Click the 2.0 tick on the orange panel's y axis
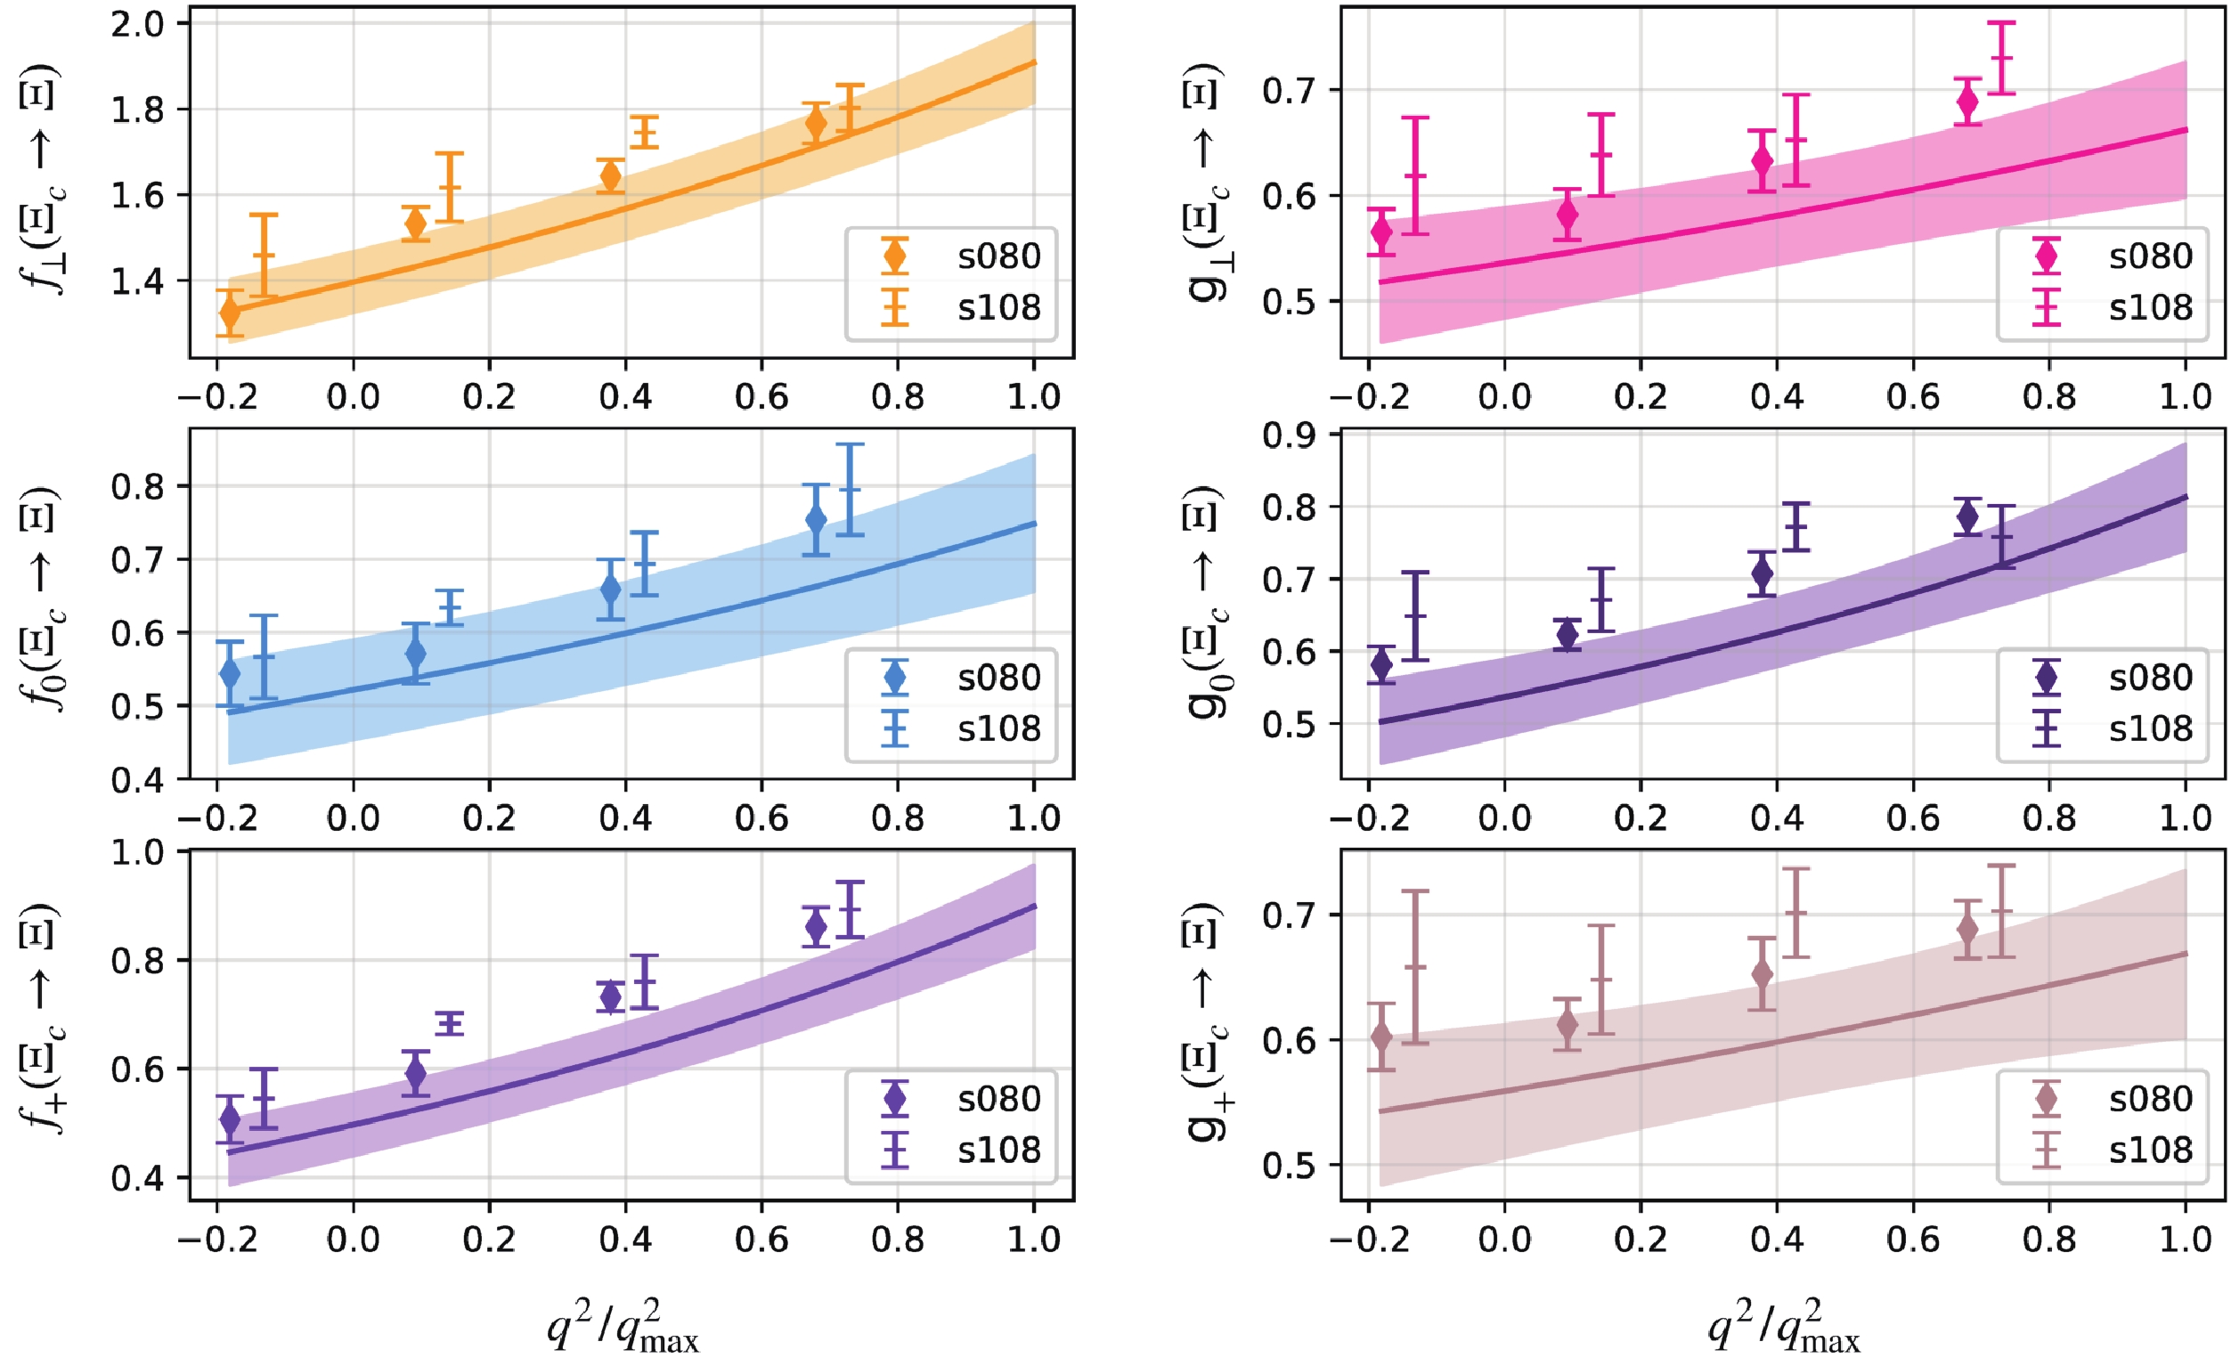tap(138, 23)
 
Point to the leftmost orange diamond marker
tap(230, 313)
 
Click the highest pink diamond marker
tap(1967, 102)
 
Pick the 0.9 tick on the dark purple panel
tap(1290, 435)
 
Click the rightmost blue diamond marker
tap(816, 520)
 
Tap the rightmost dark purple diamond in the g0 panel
tap(1967, 517)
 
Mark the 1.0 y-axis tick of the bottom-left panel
tap(138, 852)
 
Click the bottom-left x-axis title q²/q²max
tap(623, 1325)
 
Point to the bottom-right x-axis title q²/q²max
tap(1783, 1325)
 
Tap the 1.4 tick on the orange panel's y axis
tap(138, 281)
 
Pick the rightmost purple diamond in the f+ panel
tap(816, 926)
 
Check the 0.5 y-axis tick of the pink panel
tap(1290, 302)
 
